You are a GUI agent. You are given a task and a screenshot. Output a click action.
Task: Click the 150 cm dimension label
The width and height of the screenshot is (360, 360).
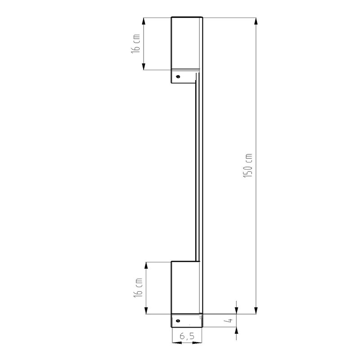(248, 165)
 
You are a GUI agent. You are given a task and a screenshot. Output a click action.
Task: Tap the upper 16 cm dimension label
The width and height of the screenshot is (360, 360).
(136, 44)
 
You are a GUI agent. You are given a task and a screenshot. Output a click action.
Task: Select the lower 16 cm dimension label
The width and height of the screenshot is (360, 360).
(138, 288)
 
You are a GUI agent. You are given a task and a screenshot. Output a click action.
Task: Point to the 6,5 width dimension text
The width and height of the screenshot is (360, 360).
(187, 336)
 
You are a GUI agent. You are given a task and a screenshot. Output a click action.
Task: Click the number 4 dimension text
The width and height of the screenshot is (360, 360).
(229, 320)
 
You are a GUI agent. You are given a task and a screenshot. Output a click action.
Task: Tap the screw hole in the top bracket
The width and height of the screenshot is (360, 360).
(178, 76)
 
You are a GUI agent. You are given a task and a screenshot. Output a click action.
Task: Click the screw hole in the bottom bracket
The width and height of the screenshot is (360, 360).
(178, 321)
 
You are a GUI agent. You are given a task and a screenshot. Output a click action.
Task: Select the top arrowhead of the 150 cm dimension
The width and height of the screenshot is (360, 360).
(256, 21)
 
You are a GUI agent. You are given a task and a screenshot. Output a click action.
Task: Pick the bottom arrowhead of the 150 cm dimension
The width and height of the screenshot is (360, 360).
(256, 310)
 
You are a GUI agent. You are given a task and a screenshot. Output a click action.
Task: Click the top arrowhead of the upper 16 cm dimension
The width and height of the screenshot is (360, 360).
(144, 21)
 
